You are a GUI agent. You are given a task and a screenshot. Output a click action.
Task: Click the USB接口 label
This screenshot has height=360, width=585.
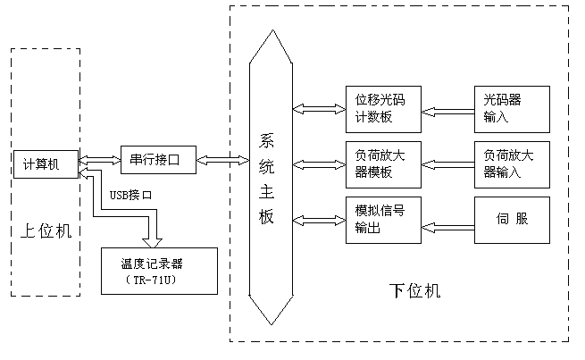click(130, 194)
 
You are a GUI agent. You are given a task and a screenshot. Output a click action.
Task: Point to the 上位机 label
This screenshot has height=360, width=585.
click(45, 231)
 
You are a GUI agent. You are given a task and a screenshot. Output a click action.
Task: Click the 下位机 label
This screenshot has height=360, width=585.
click(415, 290)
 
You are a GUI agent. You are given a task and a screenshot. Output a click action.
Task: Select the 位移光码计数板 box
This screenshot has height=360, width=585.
click(382, 108)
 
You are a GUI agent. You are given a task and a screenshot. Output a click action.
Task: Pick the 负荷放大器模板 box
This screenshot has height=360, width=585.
click(382, 163)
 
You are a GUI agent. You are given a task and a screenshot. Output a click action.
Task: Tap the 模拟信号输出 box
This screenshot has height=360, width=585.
click(382, 219)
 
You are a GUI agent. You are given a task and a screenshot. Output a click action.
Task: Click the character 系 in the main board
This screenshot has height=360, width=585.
click(267, 140)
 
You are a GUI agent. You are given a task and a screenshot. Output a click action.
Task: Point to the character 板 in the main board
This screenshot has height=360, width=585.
click(267, 217)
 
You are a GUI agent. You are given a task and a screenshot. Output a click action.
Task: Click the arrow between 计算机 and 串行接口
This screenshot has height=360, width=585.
click(98, 161)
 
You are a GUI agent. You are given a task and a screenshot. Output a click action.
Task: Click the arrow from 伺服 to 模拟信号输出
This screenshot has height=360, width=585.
click(447, 219)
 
